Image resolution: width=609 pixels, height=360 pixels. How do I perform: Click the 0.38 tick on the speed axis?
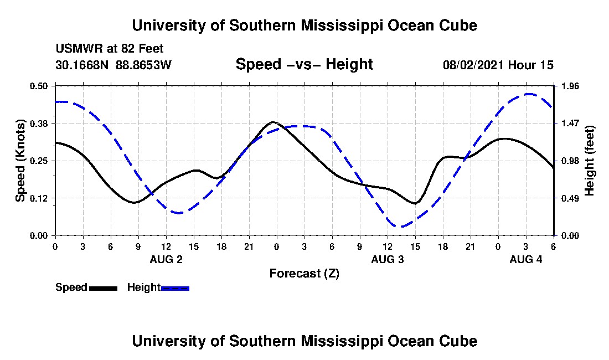click(x=40, y=123)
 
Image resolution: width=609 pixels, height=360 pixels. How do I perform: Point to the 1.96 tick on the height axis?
click(x=570, y=86)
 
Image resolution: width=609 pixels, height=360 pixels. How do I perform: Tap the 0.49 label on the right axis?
click(x=570, y=198)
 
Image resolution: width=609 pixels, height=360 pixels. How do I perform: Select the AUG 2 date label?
click(x=166, y=259)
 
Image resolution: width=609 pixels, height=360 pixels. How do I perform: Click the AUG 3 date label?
click(x=388, y=259)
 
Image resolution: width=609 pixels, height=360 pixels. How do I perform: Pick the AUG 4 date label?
click(x=526, y=259)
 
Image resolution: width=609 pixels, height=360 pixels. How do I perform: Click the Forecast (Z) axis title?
click(x=304, y=274)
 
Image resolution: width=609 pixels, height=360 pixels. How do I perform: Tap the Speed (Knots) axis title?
click(x=20, y=161)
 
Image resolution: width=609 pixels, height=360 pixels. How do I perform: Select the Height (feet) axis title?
click(x=589, y=161)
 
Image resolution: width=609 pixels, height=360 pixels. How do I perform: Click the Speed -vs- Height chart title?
click(x=304, y=65)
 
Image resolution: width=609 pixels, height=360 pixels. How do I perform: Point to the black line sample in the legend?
click(x=103, y=288)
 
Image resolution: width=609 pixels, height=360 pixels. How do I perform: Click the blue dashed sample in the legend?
click(x=176, y=288)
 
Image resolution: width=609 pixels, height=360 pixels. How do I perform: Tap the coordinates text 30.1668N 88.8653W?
click(x=113, y=65)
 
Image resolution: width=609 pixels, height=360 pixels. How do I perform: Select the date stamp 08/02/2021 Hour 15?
click(x=498, y=65)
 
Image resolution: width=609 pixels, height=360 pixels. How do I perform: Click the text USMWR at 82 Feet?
click(x=110, y=49)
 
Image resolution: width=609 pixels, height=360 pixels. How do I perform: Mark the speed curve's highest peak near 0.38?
click(x=273, y=122)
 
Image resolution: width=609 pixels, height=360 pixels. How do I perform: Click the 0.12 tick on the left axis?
click(x=40, y=198)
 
